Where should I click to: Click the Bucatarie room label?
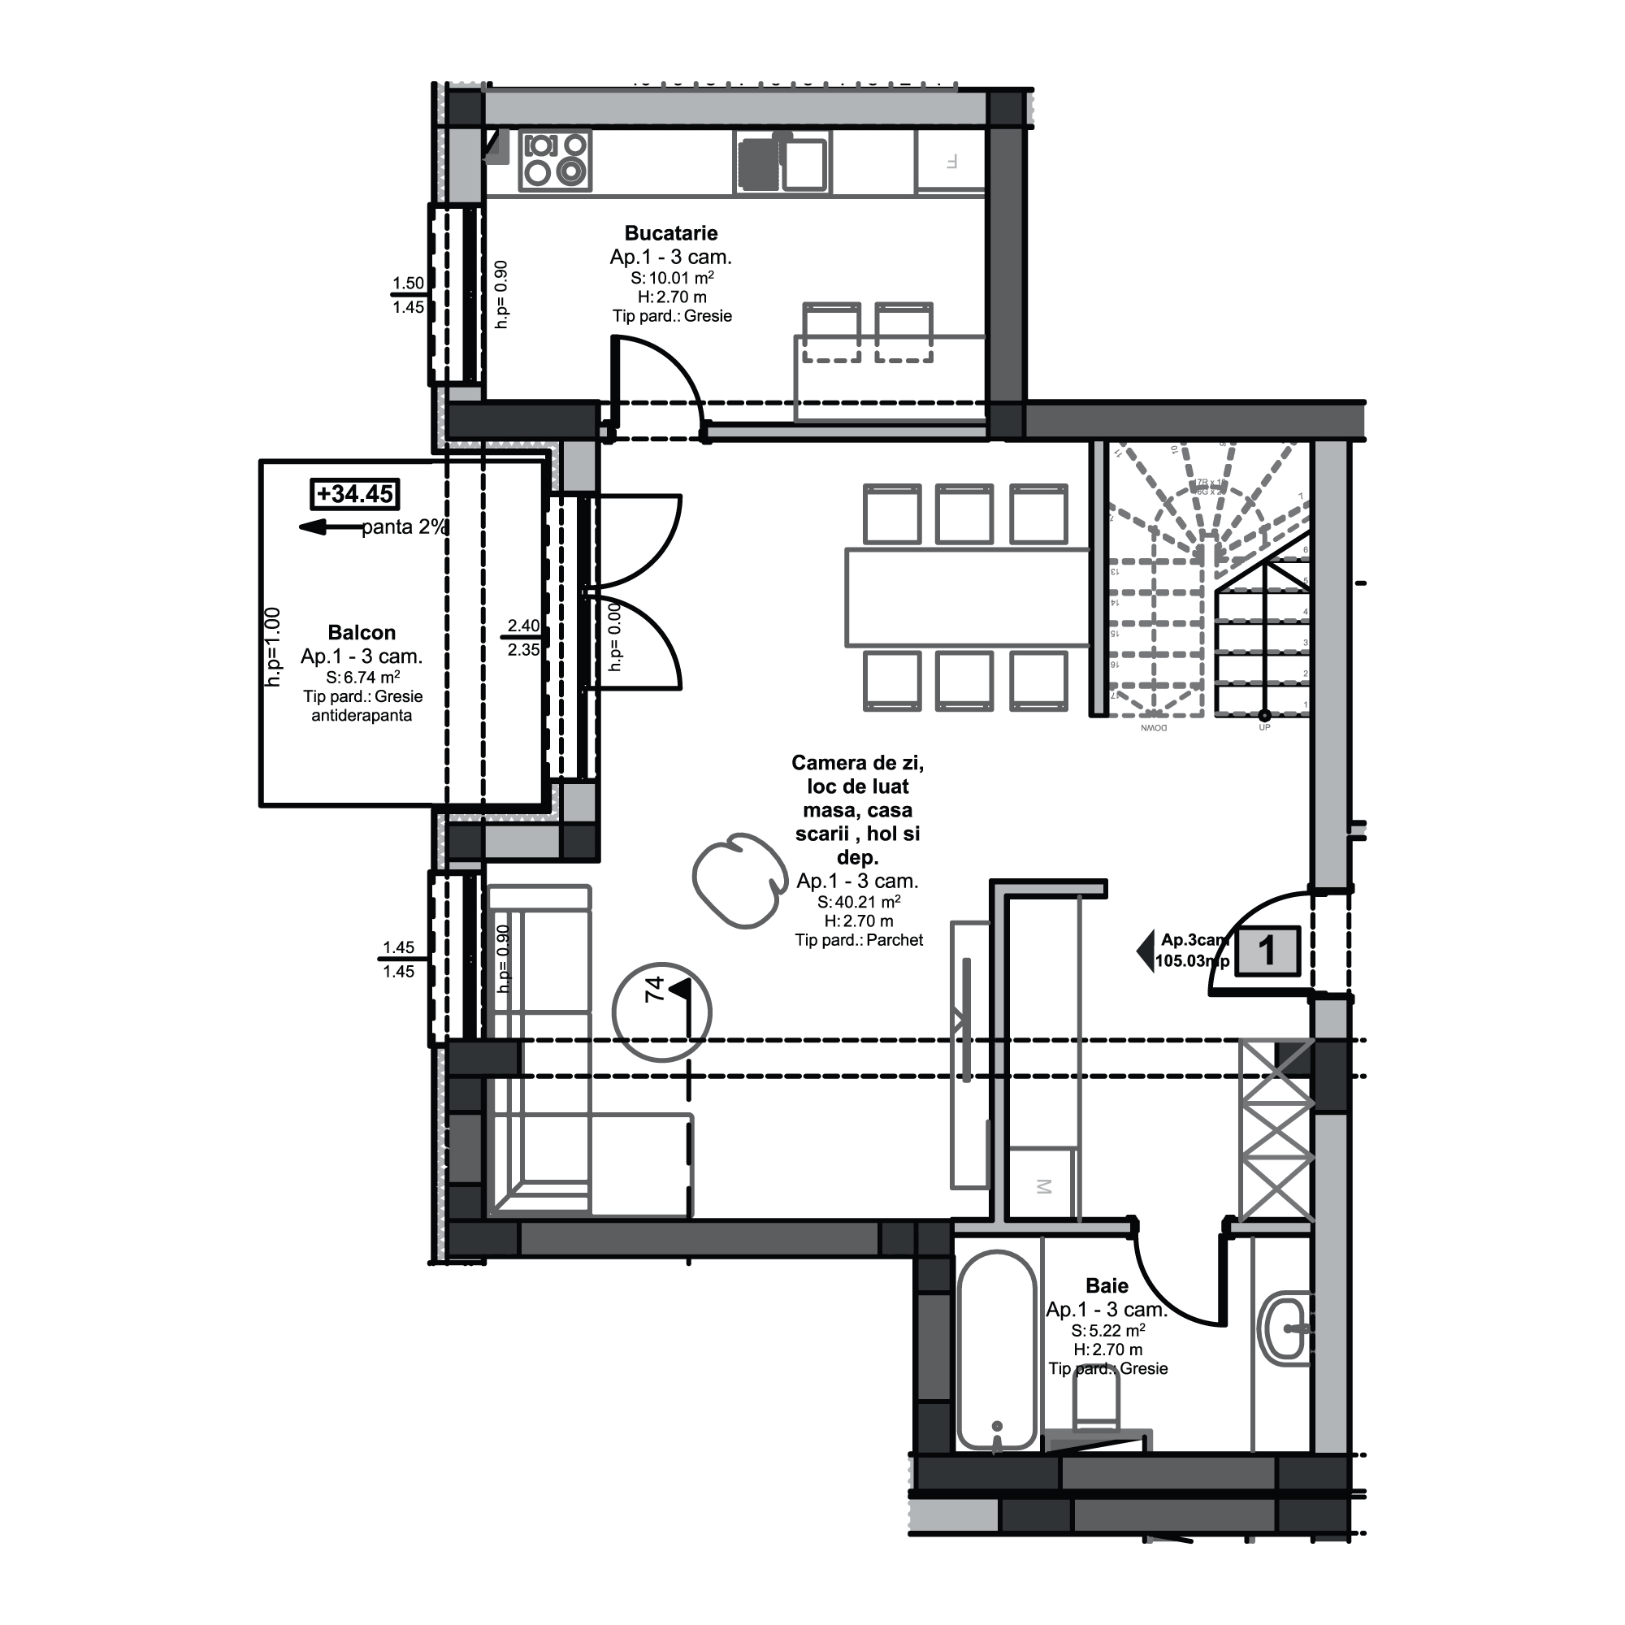point(670,233)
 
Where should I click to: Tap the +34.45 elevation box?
point(355,494)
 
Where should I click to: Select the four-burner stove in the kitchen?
point(554,160)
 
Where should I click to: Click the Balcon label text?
point(362,632)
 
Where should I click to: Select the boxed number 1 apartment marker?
point(1267,951)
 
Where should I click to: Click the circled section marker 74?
point(663,1012)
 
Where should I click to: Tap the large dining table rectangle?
point(967,597)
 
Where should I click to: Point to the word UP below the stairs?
point(1264,727)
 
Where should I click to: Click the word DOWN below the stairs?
point(1153,727)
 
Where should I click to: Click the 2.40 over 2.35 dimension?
point(523,638)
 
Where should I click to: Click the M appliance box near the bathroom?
point(1043,1187)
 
